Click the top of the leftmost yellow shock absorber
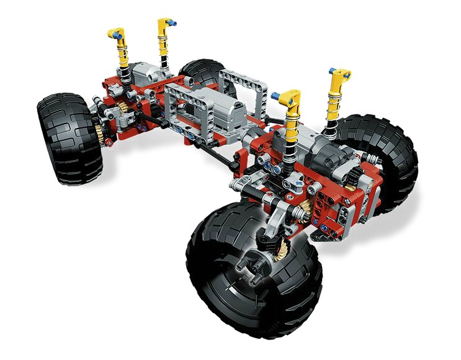115,32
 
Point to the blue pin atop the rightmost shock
331,70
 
